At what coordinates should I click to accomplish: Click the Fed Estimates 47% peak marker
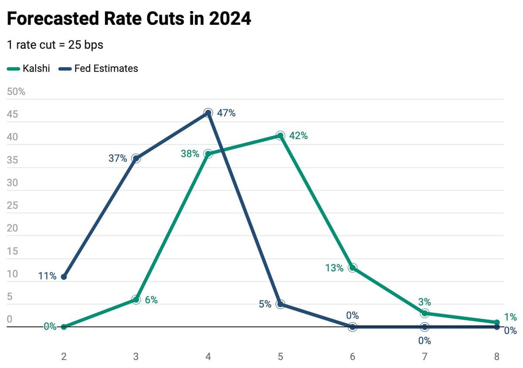pyautogui.click(x=208, y=113)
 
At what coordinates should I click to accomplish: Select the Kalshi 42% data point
pyautogui.click(x=280, y=136)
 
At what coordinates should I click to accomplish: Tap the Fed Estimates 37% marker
pyautogui.click(x=136, y=159)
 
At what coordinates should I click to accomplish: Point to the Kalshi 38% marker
pyautogui.click(x=208, y=154)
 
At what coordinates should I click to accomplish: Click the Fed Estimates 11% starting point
pyautogui.click(x=64, y=277)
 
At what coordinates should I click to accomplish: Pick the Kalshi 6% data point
pyautogui.click(x=136, y=300)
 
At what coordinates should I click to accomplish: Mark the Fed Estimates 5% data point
pyautogui.click(x=280, y=304)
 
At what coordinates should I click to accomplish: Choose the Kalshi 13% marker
pyautogui.click(x=352, y=268)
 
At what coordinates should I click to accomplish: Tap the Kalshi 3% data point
pyautogui.click(x=425, y=313)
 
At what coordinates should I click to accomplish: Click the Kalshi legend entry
pyautogui.click(x=28, y=69)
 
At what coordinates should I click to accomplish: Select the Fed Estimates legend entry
pyautogui.click(x=98, y=69)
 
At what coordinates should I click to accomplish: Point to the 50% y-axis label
pyautogui.click(x=16, y=92)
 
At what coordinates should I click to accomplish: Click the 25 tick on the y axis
pyautogui.click(x=12, y=206)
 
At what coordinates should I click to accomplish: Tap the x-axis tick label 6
pyautogui.click(x=352, y=357)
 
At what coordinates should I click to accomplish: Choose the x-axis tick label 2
pyautogui.click(x=64, y=357)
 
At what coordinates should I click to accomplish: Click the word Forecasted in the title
pyautogui.click(x=53, y=18)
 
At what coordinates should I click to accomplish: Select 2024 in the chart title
pyautogui.click(x=230, y=18)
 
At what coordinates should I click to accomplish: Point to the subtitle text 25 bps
pyautogui.click(x=85, y=45)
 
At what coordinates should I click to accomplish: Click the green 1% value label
pyautogui.click(x=510, y=317)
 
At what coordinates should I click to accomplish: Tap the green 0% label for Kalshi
pyautogui.click(x=50, y=327)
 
